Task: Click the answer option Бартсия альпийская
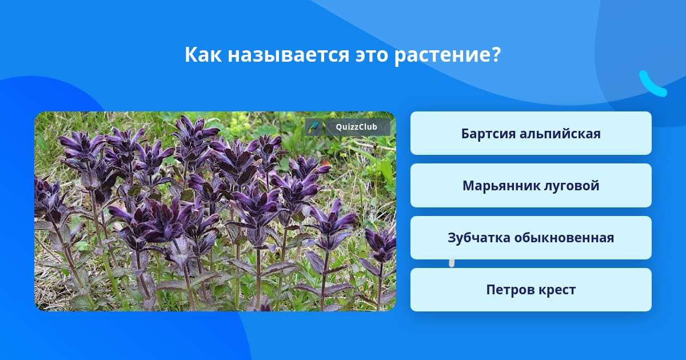(x=531, y=133)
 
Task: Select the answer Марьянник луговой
(x=531, y=186)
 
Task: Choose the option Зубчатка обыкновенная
(x=531, y=238)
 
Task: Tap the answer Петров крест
(x=531, y=290)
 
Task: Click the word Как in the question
(x=203, y=54)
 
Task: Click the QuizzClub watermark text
(x=357, y=127)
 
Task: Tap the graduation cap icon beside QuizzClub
(x=314, y=127)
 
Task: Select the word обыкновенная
(x=564, y=238)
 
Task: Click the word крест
(x=557, y=290)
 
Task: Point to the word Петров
(x=509, y=290)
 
